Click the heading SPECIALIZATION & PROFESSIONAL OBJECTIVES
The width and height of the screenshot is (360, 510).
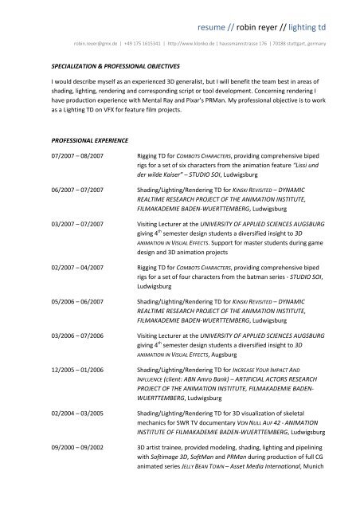(115, 64)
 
